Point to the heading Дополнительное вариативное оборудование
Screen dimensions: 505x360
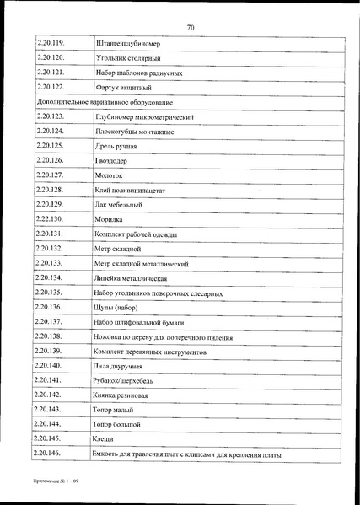pos(105,101)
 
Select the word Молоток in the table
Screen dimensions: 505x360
pos(111,175)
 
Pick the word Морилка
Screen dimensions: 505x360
pos(111,220)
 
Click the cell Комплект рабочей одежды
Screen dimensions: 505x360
pos(136,235)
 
